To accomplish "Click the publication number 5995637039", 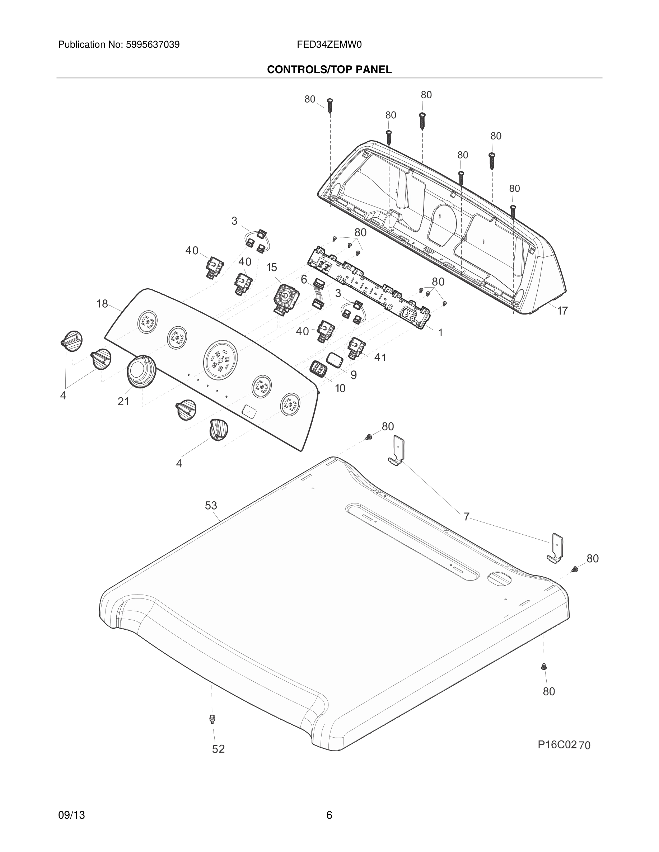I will pos(152,45).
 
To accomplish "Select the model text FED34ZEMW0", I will pos(329,45).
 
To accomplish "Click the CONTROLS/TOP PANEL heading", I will pos(329,70).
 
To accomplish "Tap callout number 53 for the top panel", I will pos(211,506).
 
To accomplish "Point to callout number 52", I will pos(218,749).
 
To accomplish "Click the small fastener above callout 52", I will pos(212,718).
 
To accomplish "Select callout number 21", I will pos(123,401).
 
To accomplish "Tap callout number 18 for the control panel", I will pos(102,303).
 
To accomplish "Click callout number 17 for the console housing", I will pos(562,311).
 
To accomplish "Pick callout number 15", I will pos(272,267).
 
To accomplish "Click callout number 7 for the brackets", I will pos(466,517).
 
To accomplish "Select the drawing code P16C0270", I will pos(564,745).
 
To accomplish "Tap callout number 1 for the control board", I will pos(440,332).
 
